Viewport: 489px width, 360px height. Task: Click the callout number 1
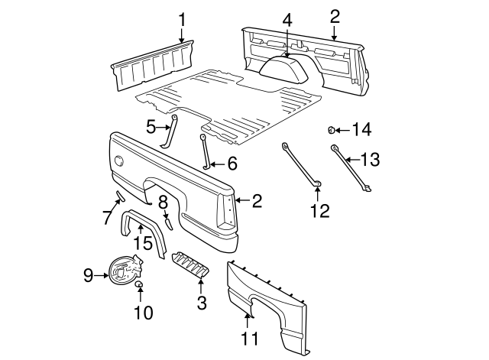click(182, 18)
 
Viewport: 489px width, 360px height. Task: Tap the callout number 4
click(287, 19)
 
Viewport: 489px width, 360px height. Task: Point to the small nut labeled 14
click(333, 129)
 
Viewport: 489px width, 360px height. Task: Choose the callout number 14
click(361, 130)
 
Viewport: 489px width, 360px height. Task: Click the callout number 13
click(370, 159)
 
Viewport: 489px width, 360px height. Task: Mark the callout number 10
click(143, 312)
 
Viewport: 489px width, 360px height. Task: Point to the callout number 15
click(144, 242)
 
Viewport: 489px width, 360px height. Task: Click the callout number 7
click(107, 217)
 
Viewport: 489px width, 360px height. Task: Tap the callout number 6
click(232, 163)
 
